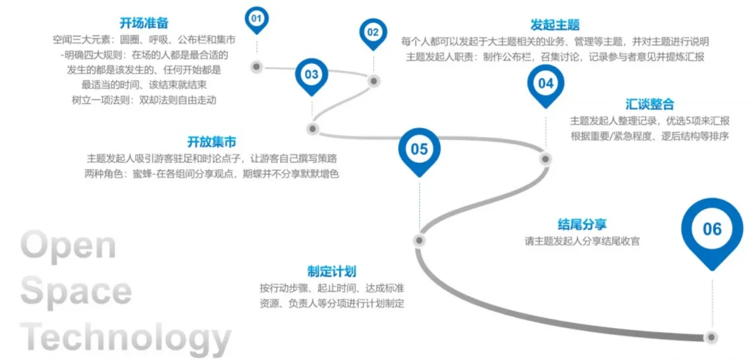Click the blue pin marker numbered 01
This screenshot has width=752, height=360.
[x=257, y=17]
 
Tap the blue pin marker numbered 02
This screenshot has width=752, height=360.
[x=373, y=31]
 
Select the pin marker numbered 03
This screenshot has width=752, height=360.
[x=311, y=75]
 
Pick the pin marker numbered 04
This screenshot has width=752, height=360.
[x=545, y=84]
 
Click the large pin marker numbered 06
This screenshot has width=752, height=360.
[x=712, y=229]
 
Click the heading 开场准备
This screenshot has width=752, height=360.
[x=144, y=24]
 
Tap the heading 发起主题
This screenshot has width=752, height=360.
[x=555, y=26]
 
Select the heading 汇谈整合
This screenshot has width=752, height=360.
[x=649, y=104]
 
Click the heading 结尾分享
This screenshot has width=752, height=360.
[x=582, y=224]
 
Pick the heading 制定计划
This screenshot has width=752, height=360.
[x=331, y=272]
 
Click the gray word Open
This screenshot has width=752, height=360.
[x=68, y=246]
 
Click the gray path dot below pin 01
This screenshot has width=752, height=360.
[x=256, y=67]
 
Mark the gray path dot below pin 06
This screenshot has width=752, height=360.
[x=711, y=337]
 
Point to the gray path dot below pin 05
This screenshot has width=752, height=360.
[x=419, y=241]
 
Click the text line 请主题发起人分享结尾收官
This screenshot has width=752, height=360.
[x=582, y=242]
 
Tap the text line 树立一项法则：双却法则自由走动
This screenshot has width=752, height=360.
[x=144, y=100]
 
